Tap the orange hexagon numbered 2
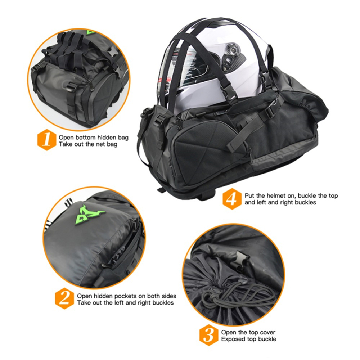pos(64,299)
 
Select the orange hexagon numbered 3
pos(208,335)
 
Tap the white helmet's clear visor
pos(187,61)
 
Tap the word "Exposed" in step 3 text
pos(231,339)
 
